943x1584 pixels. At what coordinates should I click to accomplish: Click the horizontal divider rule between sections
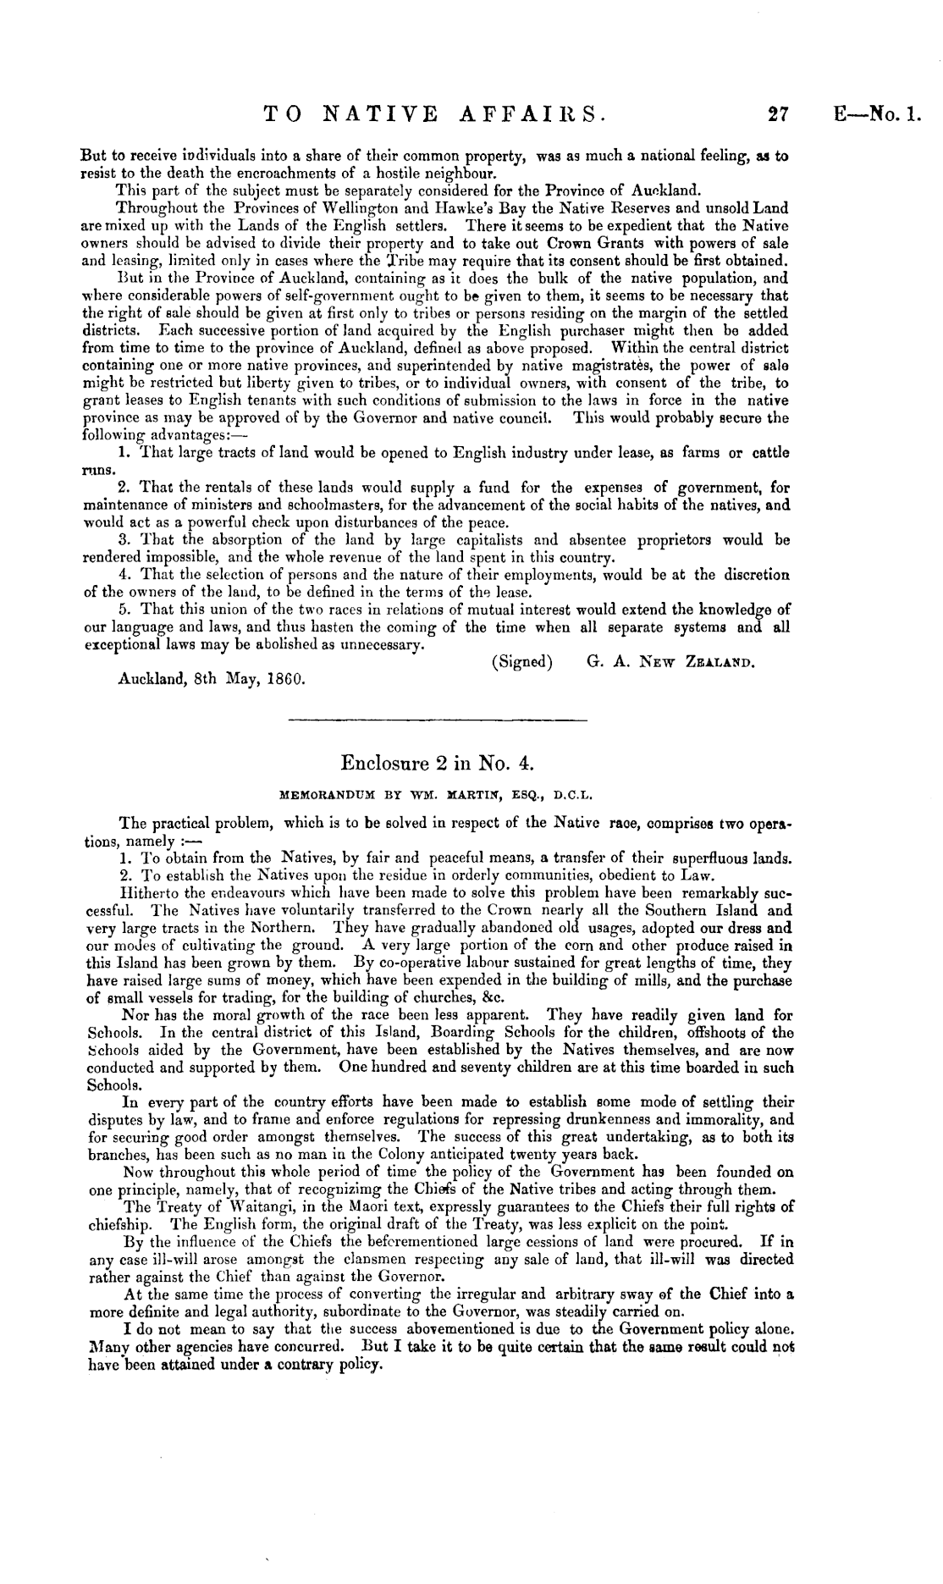(437, 720)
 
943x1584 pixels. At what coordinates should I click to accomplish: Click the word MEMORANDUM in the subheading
(330, 796)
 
